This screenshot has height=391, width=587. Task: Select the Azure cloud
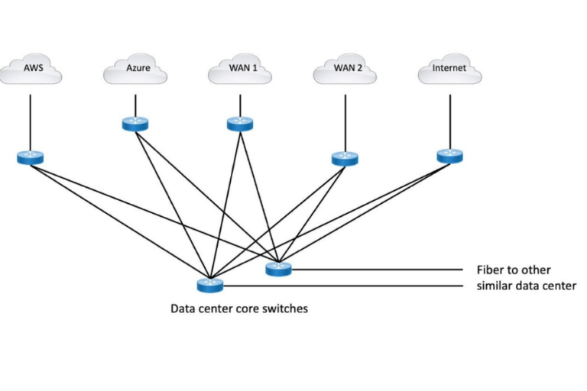coord(135,70)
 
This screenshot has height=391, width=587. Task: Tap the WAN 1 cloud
coord(240,70)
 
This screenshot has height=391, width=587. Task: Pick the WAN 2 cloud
coord(345,70)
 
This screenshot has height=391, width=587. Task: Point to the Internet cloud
coord(449,70)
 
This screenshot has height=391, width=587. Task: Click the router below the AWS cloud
coord(31,158)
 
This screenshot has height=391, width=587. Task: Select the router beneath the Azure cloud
coord(135,124)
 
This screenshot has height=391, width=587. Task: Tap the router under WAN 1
coord(240,124)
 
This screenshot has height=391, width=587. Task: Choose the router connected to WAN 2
coord(345,159)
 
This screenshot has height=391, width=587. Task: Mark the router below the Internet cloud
coord(449,156)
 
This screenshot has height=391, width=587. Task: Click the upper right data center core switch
coord(279,269)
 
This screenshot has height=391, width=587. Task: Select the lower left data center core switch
coord(209,286)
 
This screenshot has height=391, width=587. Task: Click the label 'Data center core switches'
coord(239,309)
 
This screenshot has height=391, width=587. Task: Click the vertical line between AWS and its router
coord(31,122)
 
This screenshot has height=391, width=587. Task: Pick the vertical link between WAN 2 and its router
coord(345,122)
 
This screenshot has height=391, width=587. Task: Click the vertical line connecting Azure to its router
coord(135,105)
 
